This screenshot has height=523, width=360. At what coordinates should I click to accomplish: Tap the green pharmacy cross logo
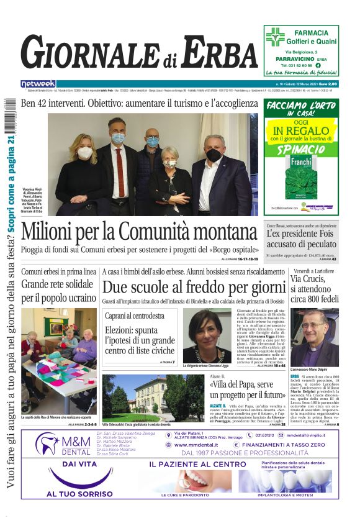pyautogui.click(x=275, y=37)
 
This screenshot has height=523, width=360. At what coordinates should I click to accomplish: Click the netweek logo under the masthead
pyautogui.click(x=38, y=84)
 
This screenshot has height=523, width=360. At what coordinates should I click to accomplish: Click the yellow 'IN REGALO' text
pyautogui.click(x=301, y=130)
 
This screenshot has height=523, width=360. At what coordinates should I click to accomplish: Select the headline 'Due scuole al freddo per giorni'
pyautogui.click(x=194, y=287)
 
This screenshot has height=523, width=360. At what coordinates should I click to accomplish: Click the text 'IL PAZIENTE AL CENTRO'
pyautogui.click(x=197, y=464)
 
